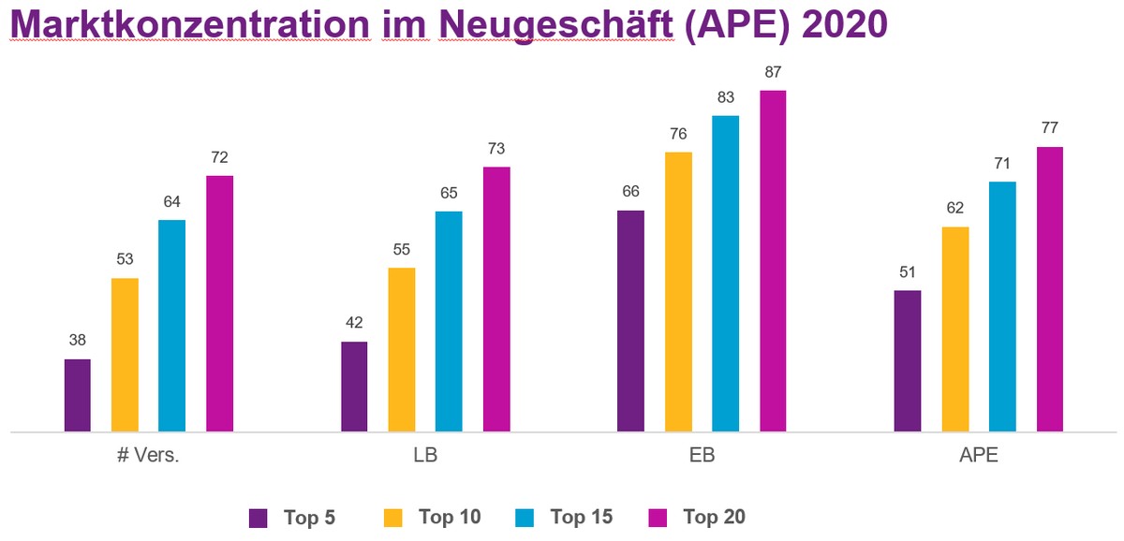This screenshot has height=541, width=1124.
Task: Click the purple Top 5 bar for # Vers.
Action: [x=78, y=395]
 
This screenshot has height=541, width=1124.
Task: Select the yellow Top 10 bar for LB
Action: [x=402, y=350]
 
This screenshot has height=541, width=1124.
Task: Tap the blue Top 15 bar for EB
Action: [x=726, y=273]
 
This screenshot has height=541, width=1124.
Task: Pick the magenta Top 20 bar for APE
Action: [x=1050, y=289]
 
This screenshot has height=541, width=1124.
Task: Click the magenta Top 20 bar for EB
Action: [x=773, y=261]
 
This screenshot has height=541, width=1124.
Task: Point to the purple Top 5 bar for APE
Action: [x=908, y=361]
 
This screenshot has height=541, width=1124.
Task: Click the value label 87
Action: [x=773, y=72]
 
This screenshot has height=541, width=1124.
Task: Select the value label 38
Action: [x=78, y=341]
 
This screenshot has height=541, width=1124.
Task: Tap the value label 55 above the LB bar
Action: [x=402, y=250]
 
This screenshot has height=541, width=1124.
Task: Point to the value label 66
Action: [x=631, y=192]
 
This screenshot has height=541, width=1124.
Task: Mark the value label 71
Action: [x=1002, y=163]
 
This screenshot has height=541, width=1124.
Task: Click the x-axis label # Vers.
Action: [x=148, y=457]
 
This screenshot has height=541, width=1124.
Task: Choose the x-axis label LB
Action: [x=425, y=457]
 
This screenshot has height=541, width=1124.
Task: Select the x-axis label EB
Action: [x=702, y=457]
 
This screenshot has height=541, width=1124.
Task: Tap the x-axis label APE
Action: [x=979, y=457]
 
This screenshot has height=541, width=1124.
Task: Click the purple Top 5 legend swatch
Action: [x=259, y=517]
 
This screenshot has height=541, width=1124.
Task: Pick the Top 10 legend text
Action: [x=450, y=517]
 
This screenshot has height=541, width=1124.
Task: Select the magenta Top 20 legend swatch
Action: [x=657, y=517]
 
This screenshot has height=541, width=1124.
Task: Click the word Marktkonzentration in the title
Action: [x=188, y=23]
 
